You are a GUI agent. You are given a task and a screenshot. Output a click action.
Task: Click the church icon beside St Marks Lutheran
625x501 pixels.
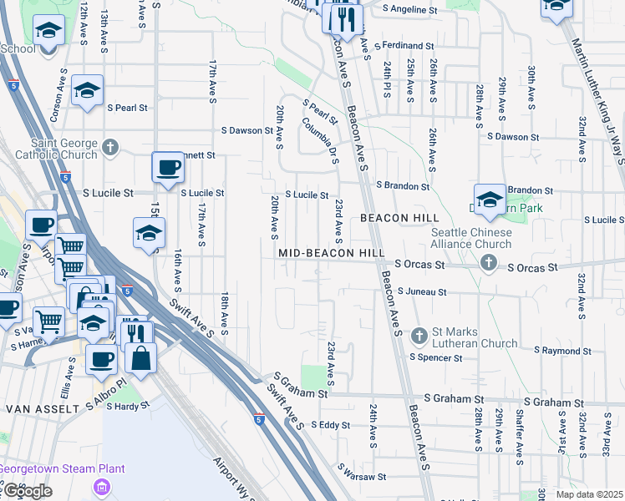coord(420,337)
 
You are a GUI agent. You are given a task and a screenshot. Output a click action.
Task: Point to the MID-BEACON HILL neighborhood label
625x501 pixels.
coord(332,252)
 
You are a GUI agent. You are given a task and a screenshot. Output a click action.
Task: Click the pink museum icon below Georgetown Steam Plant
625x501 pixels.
coord(103,486)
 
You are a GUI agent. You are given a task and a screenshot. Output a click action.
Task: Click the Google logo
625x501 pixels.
coord(28,491)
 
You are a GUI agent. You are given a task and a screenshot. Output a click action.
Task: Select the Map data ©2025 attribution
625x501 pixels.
coord(588,494)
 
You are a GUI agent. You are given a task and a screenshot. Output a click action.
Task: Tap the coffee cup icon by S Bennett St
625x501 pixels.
coord(168,167)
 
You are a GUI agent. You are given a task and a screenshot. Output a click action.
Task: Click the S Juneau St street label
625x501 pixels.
coord(422,292)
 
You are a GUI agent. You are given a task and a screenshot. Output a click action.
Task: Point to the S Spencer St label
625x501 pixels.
coord(435,358)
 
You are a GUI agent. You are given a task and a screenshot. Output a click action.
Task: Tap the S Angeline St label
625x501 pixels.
coord(410,9)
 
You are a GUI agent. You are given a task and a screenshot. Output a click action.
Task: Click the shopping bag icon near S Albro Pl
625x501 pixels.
coord(140,360)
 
